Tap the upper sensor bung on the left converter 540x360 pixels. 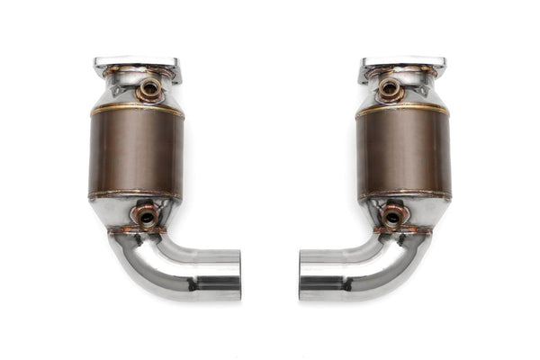click(x=149, y=88)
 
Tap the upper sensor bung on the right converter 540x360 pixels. click(x=390, y=88)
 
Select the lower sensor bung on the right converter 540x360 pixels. click(x=393, y=216)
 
